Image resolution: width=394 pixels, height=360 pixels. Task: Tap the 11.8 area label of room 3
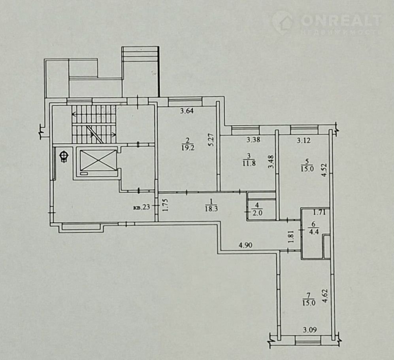point(249,163)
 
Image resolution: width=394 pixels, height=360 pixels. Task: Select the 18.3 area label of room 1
point(211,209)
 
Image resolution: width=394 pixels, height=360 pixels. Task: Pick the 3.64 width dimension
point(187,111)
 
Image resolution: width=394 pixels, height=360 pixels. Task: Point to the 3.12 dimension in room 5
point(304,140)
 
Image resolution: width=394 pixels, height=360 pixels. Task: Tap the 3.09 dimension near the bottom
point(310,329)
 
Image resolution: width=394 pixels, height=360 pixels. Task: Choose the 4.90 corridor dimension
point(245,245)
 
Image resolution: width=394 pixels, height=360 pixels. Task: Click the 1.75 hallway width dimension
point(165,205)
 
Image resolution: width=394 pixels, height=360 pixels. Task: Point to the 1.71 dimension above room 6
point(319,212)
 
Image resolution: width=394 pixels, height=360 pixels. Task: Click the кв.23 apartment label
point(142,208)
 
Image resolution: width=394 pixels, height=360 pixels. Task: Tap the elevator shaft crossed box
point(98,160)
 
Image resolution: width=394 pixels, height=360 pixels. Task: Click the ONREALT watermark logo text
point(341,20)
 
